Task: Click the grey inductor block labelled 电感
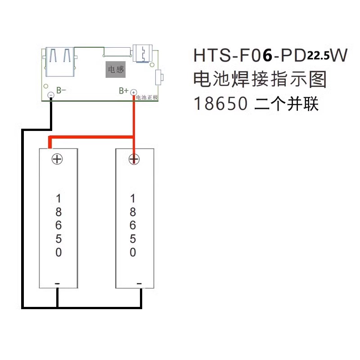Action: [x=115, y=70]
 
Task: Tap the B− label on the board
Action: [x=61, y=90]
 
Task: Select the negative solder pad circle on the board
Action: [x=51, y=94]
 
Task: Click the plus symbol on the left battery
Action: [x=57, y=159]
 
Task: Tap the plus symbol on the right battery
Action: [x=133, y=159]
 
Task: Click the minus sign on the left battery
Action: [x=57, y=283]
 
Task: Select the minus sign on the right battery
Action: [x=139, y=283]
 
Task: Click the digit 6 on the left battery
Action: [x=58, y=225]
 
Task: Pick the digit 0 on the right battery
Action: [x=133, y=252]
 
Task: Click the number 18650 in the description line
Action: [x=220, y=104]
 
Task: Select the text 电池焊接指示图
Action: [x=260, y=80]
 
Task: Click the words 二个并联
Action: [x=287, y=104]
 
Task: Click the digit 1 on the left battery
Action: [x=58, y=198]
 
